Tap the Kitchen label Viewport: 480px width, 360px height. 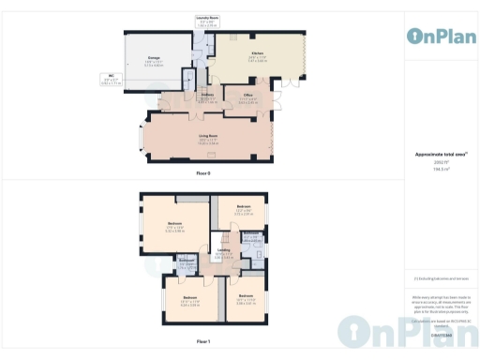coord(257,54)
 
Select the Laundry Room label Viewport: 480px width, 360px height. coord(207,18)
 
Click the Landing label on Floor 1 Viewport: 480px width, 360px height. coord(225,251)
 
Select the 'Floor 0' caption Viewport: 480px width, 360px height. coord(203,174)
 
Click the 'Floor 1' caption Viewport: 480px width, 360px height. coord(203,342)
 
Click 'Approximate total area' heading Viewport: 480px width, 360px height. coord(441,154)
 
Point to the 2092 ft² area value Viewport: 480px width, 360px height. coord(441,161)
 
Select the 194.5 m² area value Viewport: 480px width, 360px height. coord(441,168)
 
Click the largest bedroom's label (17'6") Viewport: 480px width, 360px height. coord(174,224)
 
